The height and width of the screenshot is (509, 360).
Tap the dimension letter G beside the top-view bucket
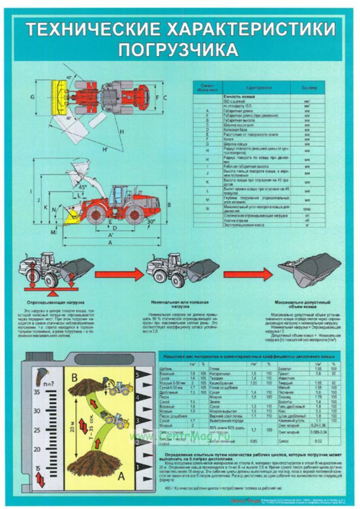[x=32, y=96]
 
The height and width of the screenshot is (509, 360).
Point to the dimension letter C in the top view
[x=165, y=96]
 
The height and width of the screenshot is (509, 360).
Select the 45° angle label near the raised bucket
[x=81, y=186]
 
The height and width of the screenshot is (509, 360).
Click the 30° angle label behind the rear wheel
[x=151, y=222]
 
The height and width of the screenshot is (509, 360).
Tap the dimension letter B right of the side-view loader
[x=169, y=204]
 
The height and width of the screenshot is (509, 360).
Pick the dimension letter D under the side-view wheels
[x=115, y=228]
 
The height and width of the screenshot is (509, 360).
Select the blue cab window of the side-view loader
[x=120, y=194]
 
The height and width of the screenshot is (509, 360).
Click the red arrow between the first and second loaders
[x=118, y=275]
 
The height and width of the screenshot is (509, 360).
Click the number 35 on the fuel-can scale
[x=37, y=393]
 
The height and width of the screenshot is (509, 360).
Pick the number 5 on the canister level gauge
[x=137, y=375]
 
